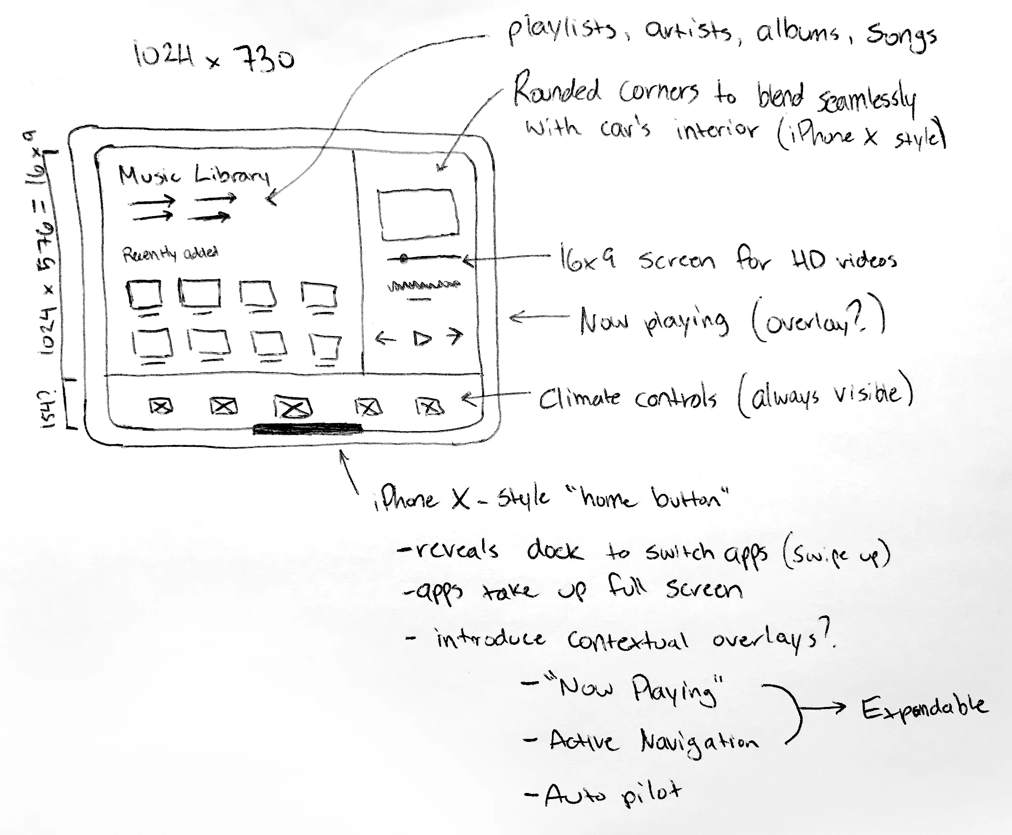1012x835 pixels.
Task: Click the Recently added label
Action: coord(170,253)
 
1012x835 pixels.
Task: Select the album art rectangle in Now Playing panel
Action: coord(418,215)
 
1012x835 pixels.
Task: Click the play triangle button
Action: coord(421,338)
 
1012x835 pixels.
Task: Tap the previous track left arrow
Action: coord(386,338)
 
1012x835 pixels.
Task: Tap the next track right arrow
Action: coord(455,336)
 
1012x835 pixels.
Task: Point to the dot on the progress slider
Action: coord(403,259)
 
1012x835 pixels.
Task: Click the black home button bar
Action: coord(308,430)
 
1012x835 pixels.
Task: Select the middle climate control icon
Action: coord(292,407)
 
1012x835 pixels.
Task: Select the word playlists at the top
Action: coord(562,31)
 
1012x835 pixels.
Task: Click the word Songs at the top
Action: coord(901,36)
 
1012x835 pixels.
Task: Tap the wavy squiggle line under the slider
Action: coord(424,286)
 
